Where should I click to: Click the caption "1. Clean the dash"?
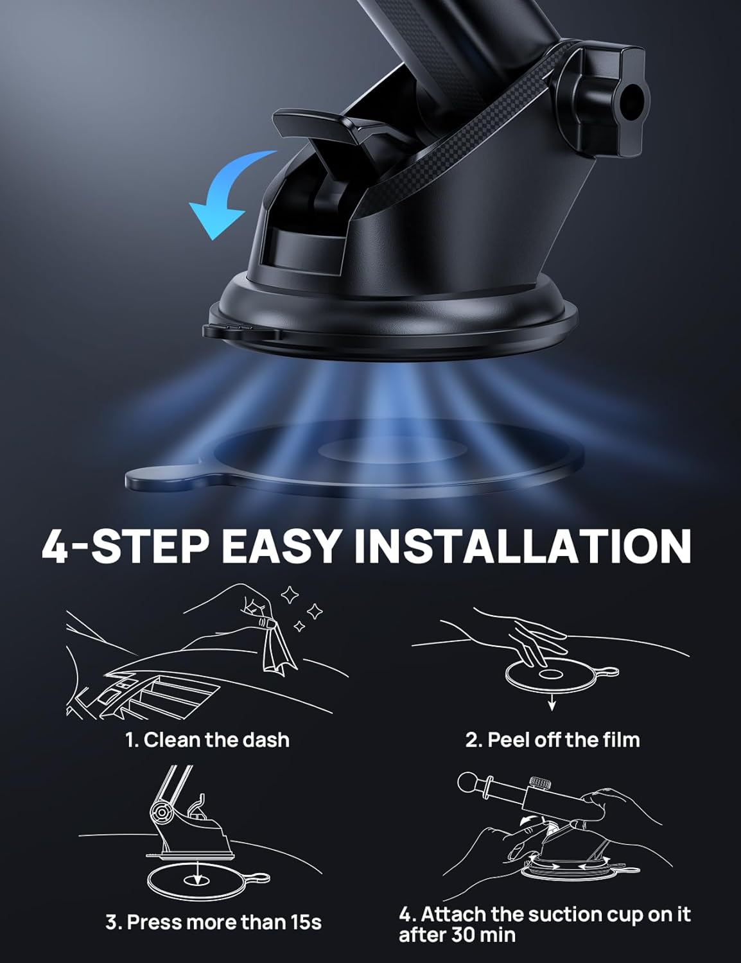click(207, 740)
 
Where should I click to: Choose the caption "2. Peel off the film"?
click(552, 740)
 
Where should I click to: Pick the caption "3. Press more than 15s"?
click(213, 923)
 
